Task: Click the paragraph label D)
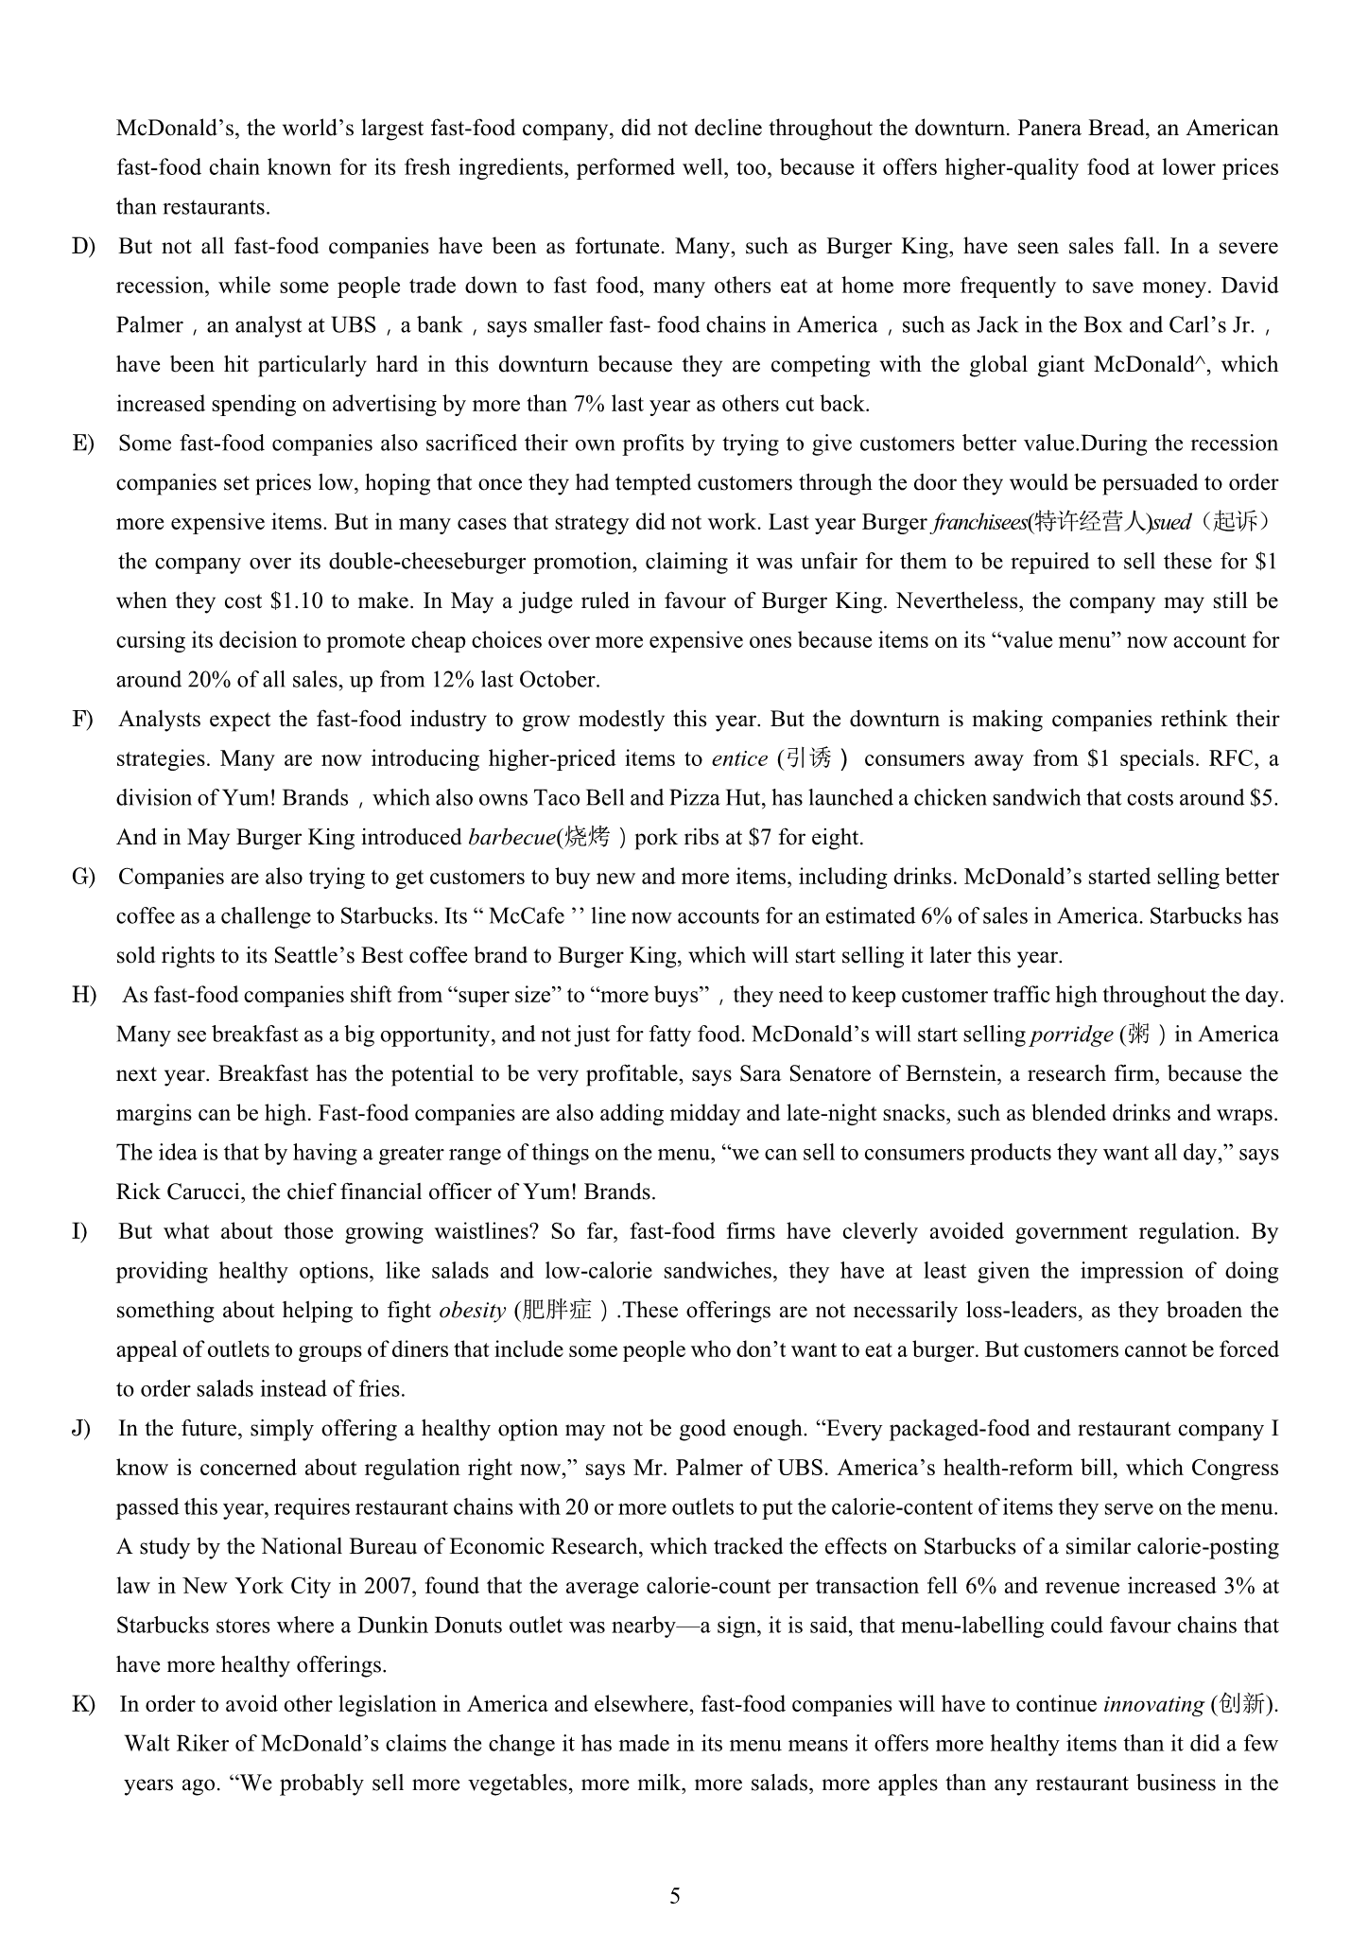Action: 84,247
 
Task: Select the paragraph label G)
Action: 84,877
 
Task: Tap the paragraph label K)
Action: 84,1704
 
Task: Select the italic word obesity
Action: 473,1311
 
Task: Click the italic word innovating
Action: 1152,1704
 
